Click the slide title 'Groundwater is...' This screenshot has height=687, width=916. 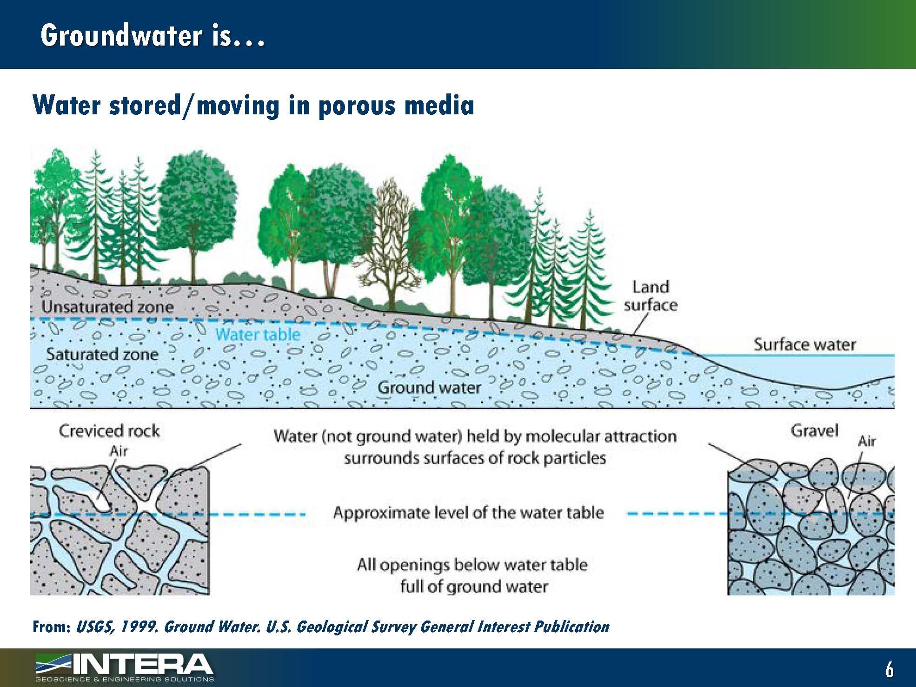(x=153, y=35)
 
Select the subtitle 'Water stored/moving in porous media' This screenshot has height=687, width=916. (x=253, y=106)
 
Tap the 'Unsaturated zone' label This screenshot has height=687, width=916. (x=107, y=307)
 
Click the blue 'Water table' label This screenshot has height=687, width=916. (x=258, y=334)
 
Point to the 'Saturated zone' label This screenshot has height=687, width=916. (x=102, y=355)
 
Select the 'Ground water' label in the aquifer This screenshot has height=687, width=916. (x=429, y=388)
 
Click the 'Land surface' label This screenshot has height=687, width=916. (x=650, y=296)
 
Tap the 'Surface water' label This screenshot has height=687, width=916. (x=804, y=345)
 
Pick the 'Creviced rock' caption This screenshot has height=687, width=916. (x=109, y=431)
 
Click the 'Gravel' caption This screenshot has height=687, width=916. (x=814, y=431)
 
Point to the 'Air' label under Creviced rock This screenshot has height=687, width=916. (x=119, y=450)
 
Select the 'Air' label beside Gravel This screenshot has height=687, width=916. (x=867, y=441)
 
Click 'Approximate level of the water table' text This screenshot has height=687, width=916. (x=468, y=513)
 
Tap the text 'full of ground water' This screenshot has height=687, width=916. (x=473, y=587)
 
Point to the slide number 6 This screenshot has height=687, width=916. (x=889, y=669)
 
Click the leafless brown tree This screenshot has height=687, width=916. (x=389, y=242)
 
